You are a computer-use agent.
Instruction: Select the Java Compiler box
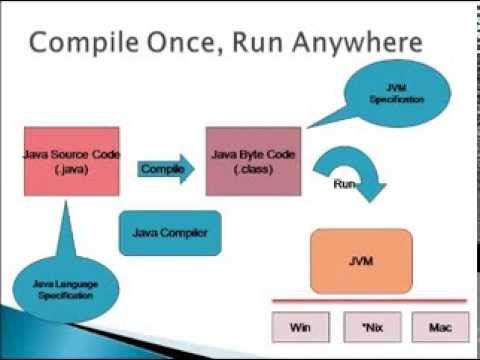(170, 233)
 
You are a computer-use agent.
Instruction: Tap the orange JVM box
(361, 261)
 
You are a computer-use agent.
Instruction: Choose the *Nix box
(361, 326)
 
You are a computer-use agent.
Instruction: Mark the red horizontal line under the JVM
(360, 300)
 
